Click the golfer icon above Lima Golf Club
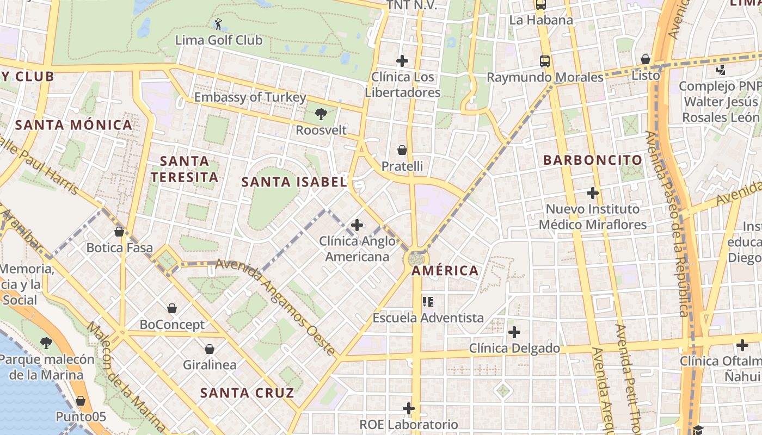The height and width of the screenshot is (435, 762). [218, 24]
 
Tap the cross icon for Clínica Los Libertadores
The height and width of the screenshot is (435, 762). [402, 61]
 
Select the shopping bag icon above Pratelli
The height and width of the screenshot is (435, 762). [402, 150]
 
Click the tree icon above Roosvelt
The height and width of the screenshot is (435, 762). [321, 114]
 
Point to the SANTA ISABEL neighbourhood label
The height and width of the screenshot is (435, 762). [294, 182]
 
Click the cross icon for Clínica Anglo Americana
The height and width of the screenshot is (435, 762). [357, 225]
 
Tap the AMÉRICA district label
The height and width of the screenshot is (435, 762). [445, 270]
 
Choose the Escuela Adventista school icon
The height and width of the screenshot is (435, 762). [428, 301]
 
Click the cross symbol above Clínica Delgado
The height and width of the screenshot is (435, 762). [514, 332]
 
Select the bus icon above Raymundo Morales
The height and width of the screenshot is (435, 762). [545, 61]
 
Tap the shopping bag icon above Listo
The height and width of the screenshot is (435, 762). [646, 59]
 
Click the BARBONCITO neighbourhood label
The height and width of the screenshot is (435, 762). [593, 160]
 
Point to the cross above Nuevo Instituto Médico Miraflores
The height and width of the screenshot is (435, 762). [593, 192]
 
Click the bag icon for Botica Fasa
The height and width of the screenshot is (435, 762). [119, 232]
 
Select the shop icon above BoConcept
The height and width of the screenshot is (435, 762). [172, 308]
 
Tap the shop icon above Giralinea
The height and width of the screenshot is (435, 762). [210, 349]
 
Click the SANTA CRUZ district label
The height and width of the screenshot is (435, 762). [247, 393]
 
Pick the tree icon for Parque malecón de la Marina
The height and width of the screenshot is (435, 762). [46, 343]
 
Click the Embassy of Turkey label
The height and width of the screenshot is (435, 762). [250, 97]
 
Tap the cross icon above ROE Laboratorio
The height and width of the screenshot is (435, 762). [409, 408]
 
